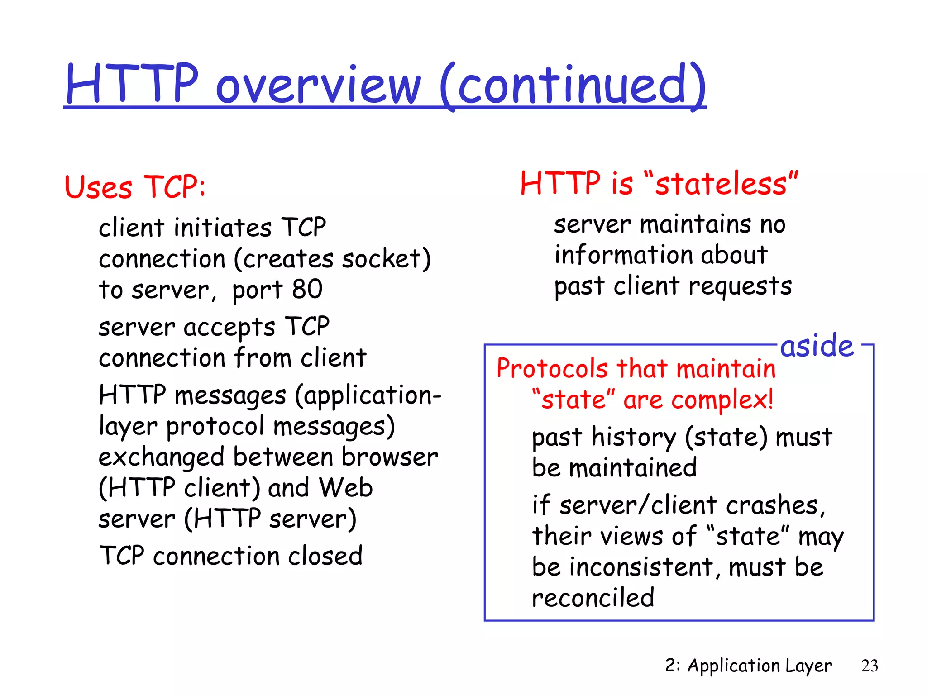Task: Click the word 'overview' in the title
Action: click(318, 86)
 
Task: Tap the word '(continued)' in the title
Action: click(573, 86)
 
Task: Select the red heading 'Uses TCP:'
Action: click(135, 186)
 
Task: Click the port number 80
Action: click(307, 290)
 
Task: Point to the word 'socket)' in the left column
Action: click(386, 259)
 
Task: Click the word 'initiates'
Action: click(223, 228)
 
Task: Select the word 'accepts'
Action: click(229, 327)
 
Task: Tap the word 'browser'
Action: click(390, 457)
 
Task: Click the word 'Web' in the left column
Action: click(345, 488)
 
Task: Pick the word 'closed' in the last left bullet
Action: click(325, 556)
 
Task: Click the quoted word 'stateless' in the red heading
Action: click(721, 184)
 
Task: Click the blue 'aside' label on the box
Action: click(817, 346)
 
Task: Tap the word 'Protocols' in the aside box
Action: click(552, 368)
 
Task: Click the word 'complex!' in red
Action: click(722, 400)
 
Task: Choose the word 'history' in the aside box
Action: click(634, 438)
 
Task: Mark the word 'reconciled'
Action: click(593, 598)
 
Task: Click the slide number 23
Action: click(869, 666)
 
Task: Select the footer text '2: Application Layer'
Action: click(748, 666)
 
